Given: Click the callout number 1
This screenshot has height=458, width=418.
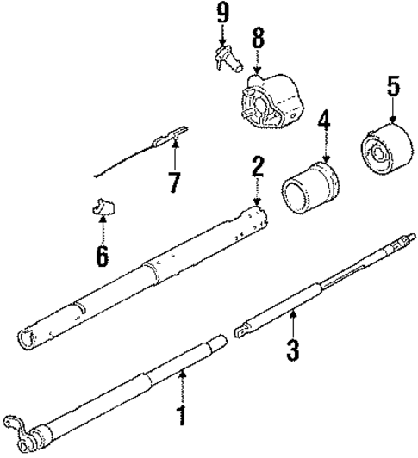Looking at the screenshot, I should (x=182, y=417).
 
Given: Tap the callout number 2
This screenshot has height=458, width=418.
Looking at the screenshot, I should (x=256, y=166).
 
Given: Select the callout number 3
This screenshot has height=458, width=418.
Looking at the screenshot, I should (x=292, y=349).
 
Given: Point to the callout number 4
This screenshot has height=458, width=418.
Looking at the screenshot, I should (x=323, y=121).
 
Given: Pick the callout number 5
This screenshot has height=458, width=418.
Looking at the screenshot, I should (x=392, y=87).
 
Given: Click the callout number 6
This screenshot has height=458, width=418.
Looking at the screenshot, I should (x=102, y=255).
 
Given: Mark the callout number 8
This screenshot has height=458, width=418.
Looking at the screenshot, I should (x=256, y=39).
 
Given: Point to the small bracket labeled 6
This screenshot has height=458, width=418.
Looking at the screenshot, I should (x=103, y=207).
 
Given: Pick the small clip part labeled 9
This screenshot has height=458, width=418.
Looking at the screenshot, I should (x=226, y=59).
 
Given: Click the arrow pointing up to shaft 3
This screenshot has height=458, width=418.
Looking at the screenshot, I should (x=292, y=325).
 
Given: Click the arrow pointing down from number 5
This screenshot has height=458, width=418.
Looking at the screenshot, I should (x=392, y=110).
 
